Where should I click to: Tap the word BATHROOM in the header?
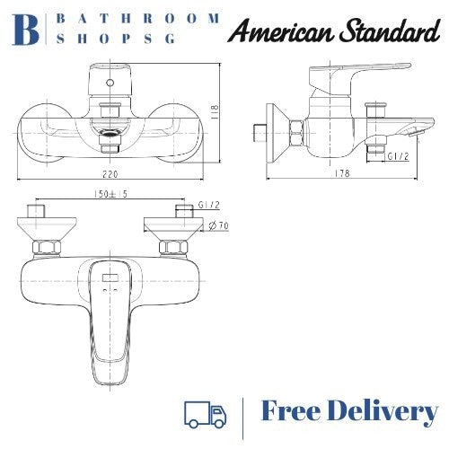click(x=140, y=18)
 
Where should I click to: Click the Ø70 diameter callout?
click(x=217, y=226)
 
